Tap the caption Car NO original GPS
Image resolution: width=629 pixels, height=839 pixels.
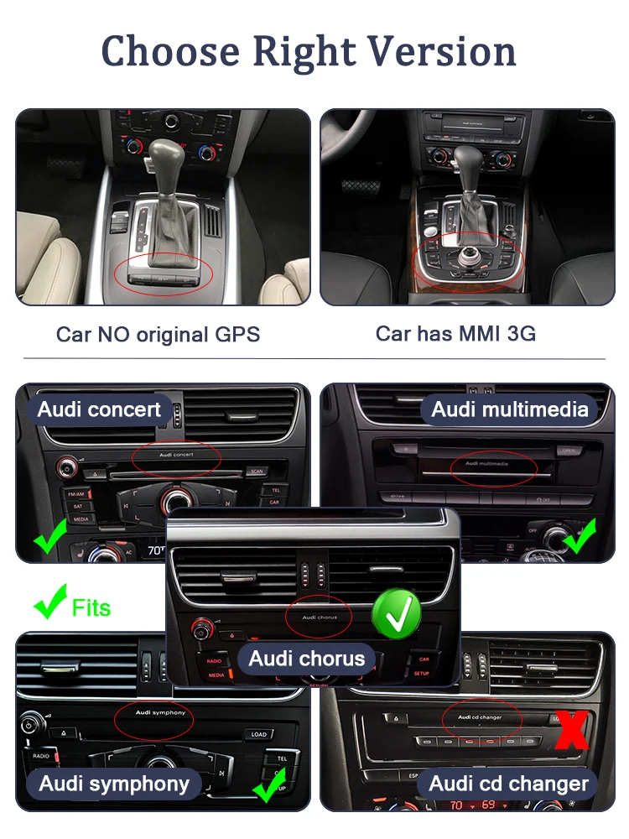(x=158, y=334)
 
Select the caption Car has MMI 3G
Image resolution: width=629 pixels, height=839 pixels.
(x=455, y=333)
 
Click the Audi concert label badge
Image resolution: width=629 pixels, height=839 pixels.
(x=99, y=410)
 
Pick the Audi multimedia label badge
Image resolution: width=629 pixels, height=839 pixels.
(x=510, y=409)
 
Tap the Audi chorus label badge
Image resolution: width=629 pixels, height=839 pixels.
(x=307, y=659)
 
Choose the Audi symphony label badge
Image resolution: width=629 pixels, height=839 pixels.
(x=114, y=784)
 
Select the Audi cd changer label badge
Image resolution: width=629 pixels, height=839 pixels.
(x=509, y=784)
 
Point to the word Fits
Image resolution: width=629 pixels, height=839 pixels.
(x=91, y=607)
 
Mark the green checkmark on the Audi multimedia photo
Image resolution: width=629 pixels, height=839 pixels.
(x=579, y=537)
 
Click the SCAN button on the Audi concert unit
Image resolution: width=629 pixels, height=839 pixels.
(x=256, y=472)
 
